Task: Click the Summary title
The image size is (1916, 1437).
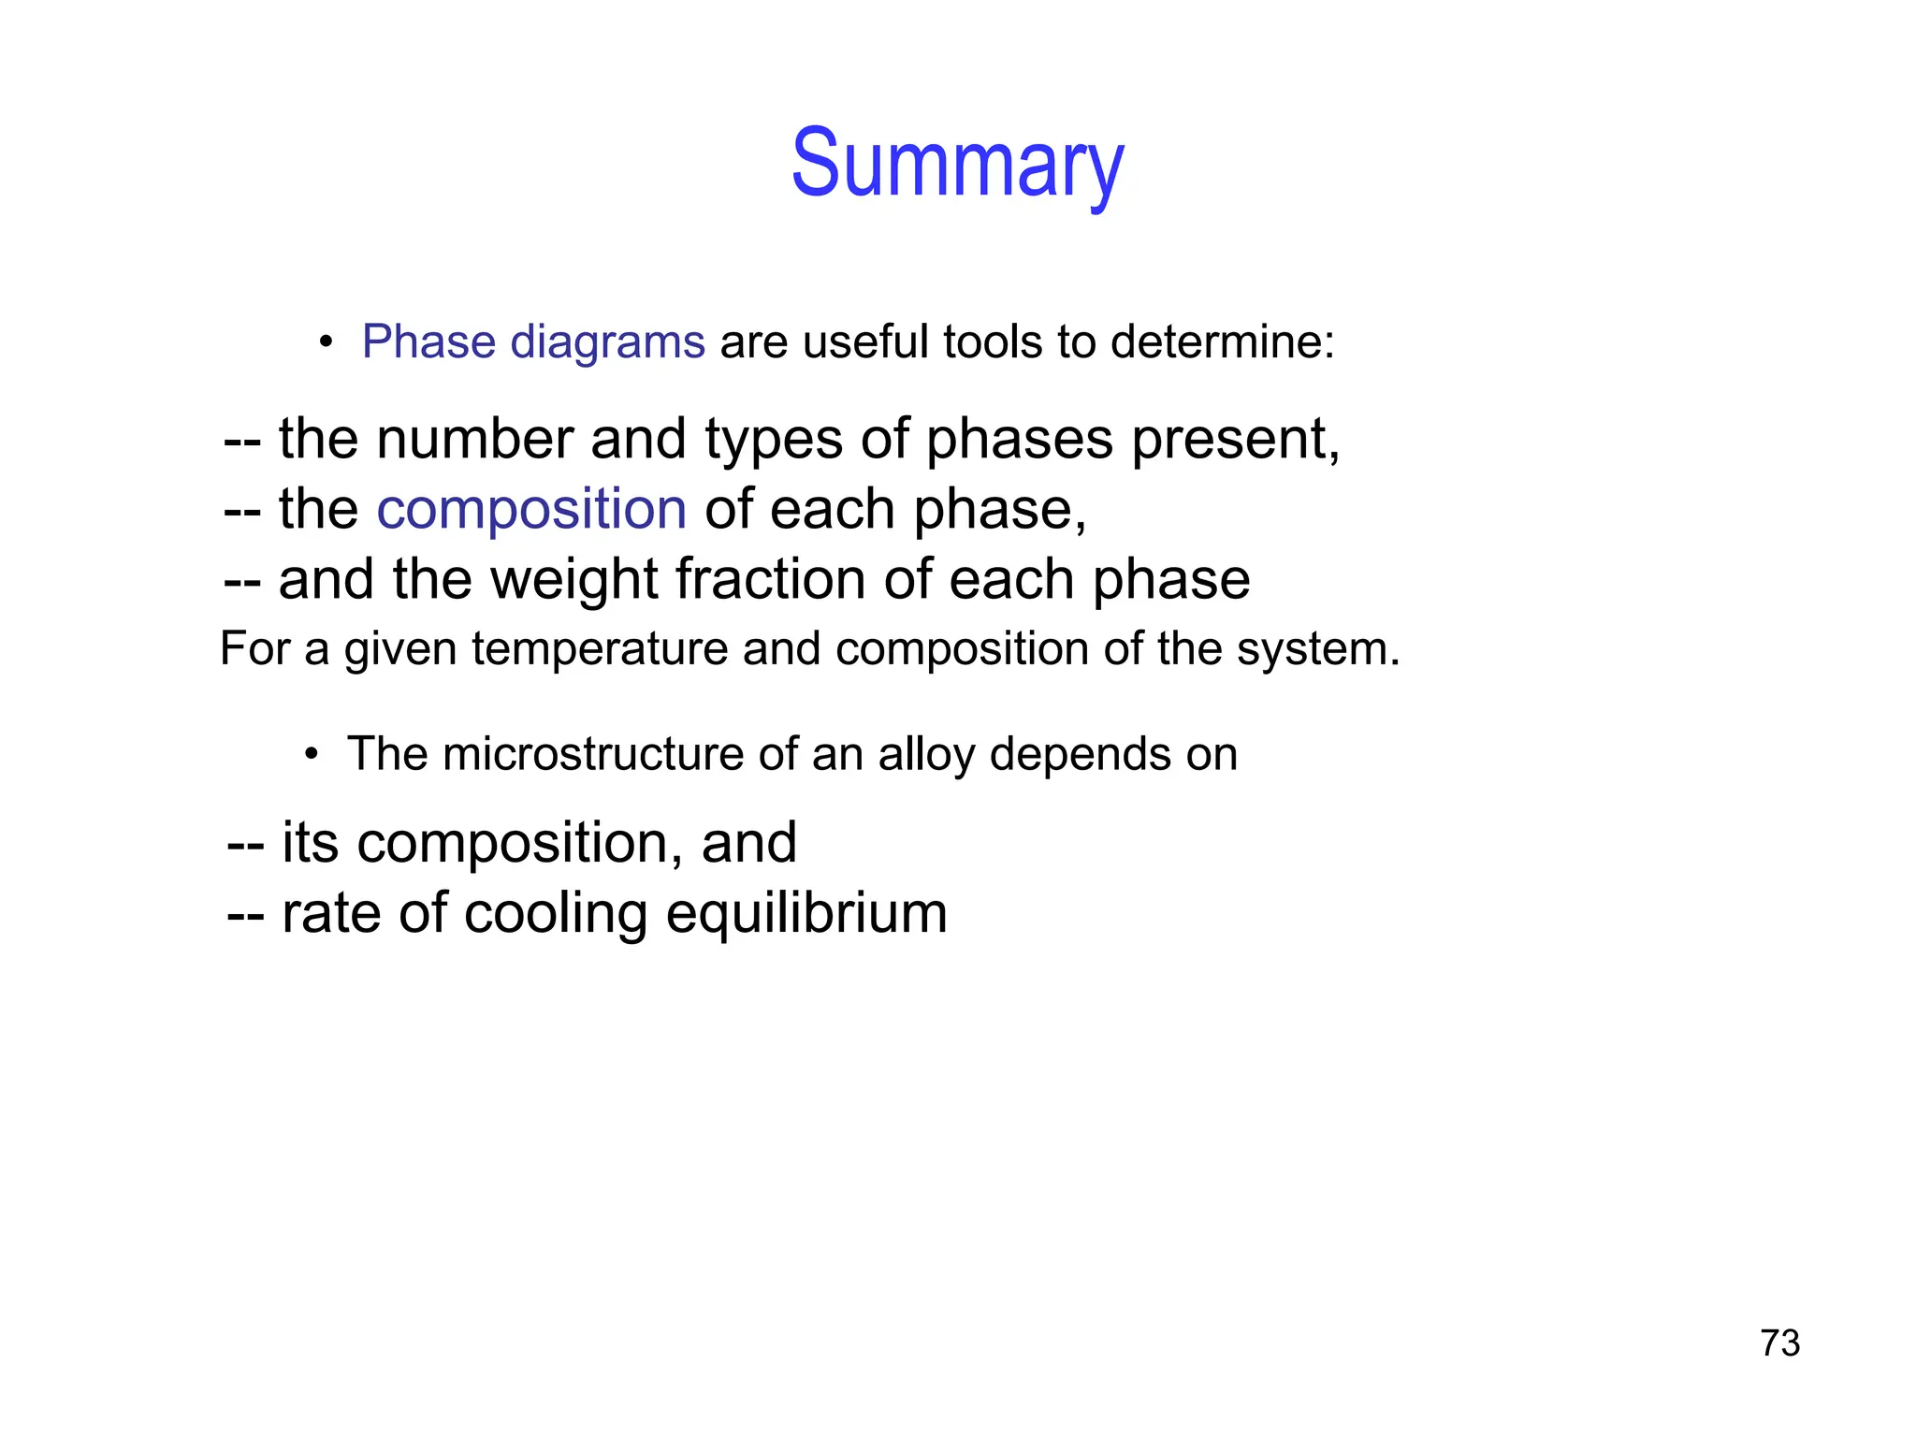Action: tap(957, 164)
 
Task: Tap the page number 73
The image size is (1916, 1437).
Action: tap(1779, 1343)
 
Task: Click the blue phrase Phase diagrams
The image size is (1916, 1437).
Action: tap(533, 341)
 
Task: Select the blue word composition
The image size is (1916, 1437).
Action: tap(531, 510)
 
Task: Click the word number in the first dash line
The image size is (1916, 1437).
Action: tap(474, 439)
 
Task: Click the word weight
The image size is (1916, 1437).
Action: tap(574, 580)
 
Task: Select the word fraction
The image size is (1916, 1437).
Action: tap(770, 579)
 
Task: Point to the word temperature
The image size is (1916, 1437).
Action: tap(600, 649)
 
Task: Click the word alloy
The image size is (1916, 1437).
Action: tap(926, 756)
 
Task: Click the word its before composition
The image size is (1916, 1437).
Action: tap(310, 842)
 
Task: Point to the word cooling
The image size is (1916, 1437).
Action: tap(555, 914)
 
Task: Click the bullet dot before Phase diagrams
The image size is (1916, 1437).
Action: tap(325, 342)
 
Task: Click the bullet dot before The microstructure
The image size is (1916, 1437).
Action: tap(312, 755)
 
